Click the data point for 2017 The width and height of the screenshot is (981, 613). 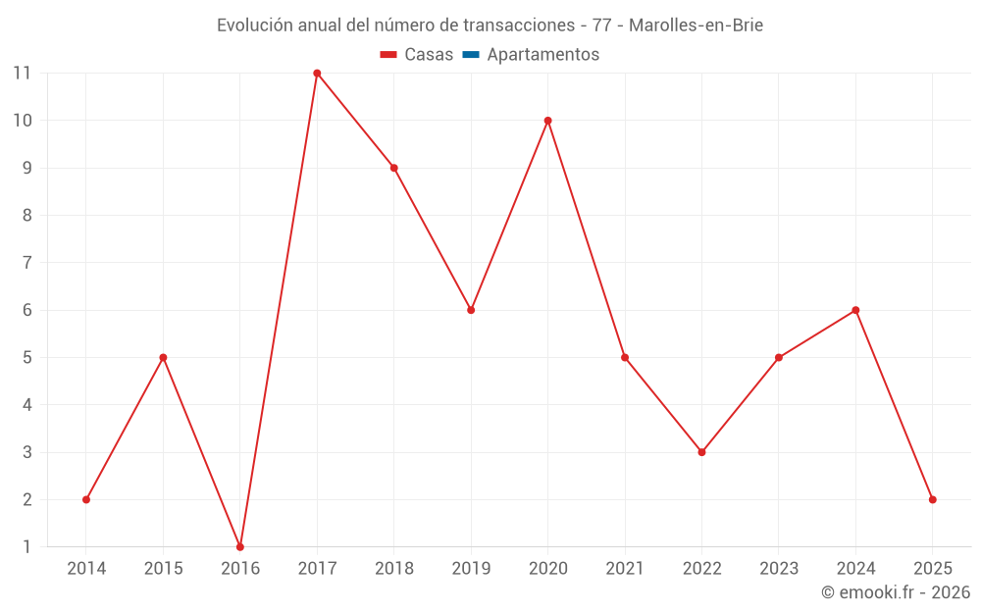(x=317, y=74)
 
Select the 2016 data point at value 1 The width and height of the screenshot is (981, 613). (x=240, y=546)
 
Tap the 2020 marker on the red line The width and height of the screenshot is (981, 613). (x=547, y=121)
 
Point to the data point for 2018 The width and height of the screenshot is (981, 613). (x=394, y=168)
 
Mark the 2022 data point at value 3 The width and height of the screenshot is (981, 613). (x=701, y=452)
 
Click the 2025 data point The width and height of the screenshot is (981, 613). (x=932, y=499)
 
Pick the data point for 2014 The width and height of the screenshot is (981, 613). (x=86, y=499)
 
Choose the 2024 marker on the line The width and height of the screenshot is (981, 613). (x=855, y=310)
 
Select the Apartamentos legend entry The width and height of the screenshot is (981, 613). (x=542, y=55)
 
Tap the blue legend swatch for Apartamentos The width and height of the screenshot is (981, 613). (x=471, y=55)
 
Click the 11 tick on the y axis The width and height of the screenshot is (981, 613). (x=22, y=74)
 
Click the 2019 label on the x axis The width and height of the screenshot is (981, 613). (x=471, y=569)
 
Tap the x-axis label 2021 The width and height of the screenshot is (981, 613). (x=625, y=569)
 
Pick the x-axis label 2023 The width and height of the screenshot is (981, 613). (x=778, y=569)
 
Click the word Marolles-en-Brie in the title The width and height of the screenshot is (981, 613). (x=696, y=26)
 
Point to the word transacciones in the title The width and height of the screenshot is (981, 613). (x=517, y=26)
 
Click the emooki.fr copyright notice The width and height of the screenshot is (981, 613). (x=896, y=592)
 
